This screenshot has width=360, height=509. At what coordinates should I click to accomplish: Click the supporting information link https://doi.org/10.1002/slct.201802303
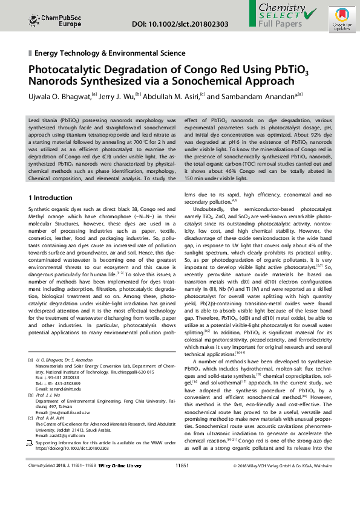[x=72, y=465]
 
